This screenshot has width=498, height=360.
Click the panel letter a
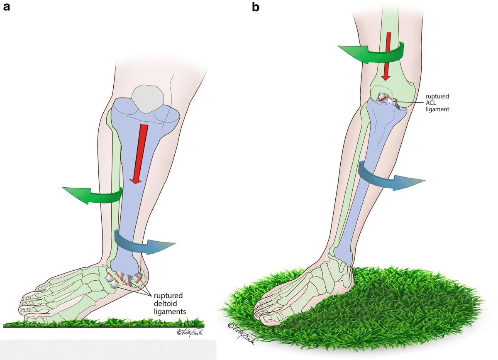point(6,7)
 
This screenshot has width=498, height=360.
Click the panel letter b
point(256,7)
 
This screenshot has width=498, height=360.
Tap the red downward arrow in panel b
point(387,56)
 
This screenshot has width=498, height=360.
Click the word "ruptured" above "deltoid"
point(168,296)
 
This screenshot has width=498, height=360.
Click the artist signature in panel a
point(190,332)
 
